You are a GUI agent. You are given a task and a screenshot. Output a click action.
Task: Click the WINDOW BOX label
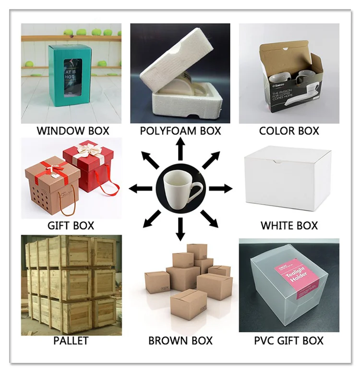click(73, 130)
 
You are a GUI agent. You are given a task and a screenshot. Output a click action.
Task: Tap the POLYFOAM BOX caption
click(180, 130)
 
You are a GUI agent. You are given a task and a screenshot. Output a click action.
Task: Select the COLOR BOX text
click(289, 130)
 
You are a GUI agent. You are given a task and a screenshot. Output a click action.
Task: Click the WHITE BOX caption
click(289, 225)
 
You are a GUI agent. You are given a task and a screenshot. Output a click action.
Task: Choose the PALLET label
click(71, 341)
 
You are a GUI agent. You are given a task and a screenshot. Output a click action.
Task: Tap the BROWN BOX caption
click(180, 341)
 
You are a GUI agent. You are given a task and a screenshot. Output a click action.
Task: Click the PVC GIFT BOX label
click(288, 341)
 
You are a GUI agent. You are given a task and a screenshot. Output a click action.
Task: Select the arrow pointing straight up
click(180, 148)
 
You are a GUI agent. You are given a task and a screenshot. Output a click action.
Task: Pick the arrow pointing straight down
click(180, 229)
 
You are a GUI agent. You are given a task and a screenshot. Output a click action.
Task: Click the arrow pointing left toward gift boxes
click(140, 188)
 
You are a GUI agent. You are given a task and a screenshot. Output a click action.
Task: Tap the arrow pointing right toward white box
click(221, 188)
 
